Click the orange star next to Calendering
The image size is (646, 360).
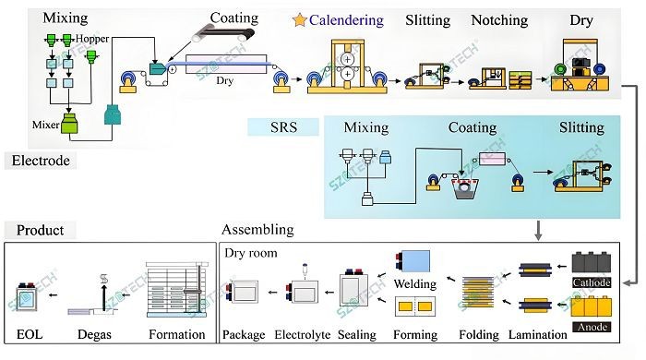pos(299,19)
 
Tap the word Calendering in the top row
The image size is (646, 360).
pos(345,19)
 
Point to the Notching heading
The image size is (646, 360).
pos(498,19)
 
